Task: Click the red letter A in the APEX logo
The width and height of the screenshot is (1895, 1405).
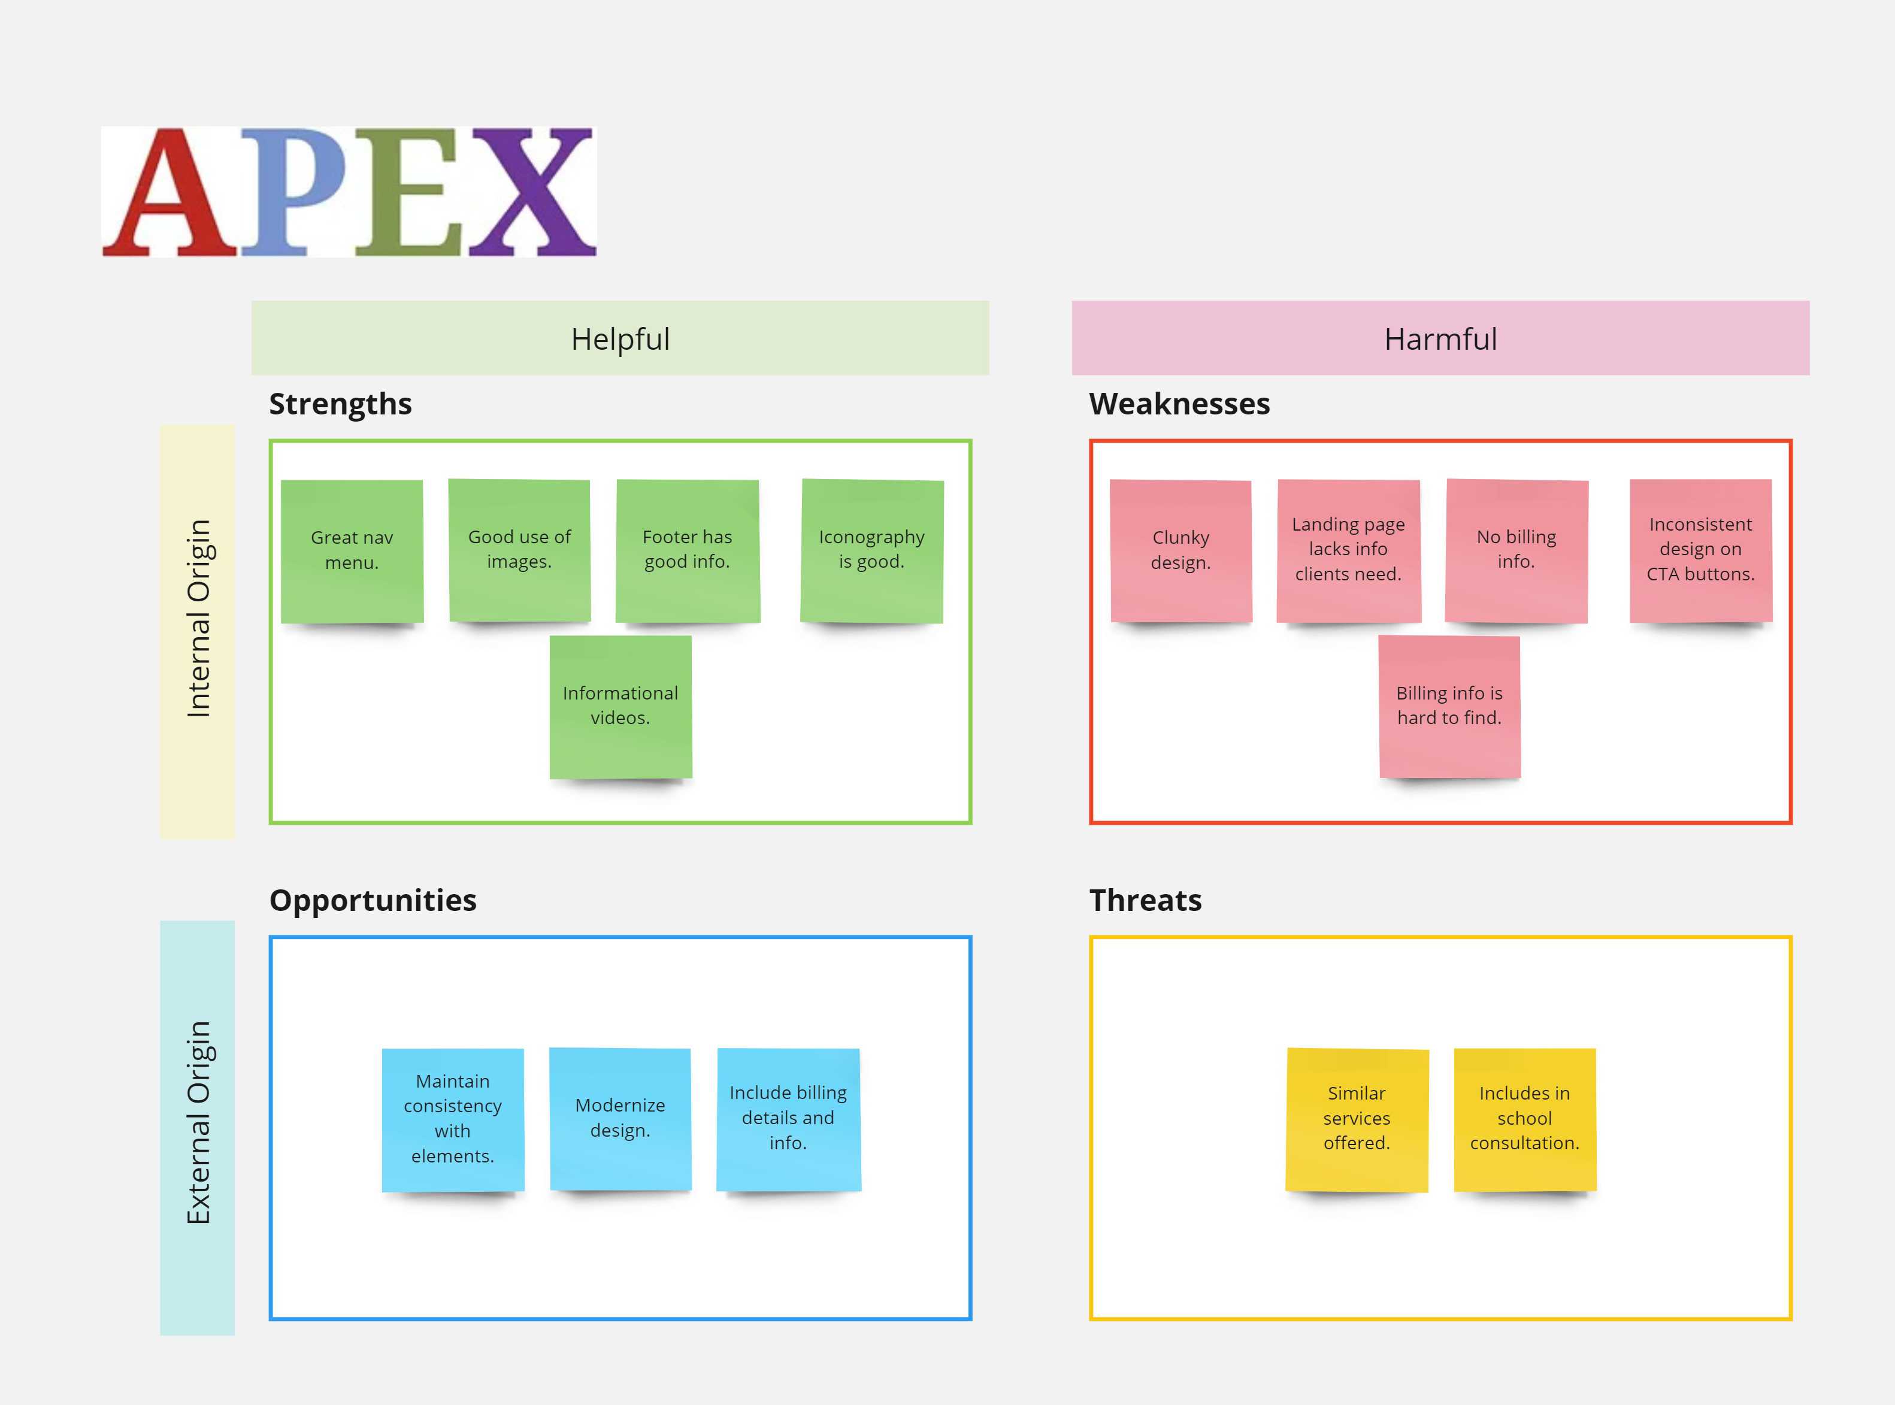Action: [x=170, y=192]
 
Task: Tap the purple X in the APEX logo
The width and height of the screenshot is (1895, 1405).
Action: [x=532, y=192]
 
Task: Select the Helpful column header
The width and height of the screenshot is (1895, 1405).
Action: [x=620, y=338]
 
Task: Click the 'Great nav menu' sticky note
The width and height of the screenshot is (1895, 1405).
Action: [x=352, y=551]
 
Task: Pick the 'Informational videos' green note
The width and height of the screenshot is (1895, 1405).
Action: [x=621, y=707]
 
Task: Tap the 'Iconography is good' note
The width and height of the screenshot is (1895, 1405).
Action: [x=872, y=551]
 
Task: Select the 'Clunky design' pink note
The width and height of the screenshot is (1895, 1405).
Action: [x=1180, y=551]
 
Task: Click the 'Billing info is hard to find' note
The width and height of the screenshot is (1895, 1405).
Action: [x=1449, y=707]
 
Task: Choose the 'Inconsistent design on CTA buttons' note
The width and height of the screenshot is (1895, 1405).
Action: [x=1701, y=551]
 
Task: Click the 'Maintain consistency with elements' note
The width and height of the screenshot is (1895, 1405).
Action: [x=452, y=1120]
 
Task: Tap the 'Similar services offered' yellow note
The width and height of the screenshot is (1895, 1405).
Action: [x=1357, y=1120]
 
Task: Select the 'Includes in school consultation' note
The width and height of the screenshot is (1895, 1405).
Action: [x=1525, y=1120]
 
